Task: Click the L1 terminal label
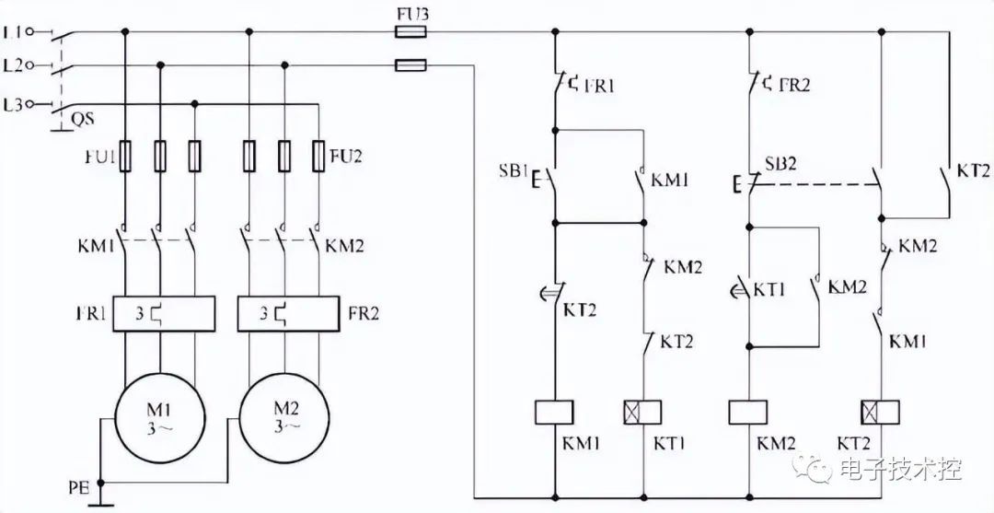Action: [x=14, y=30]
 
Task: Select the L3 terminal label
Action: [x=14, y=105]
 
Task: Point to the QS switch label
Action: [x=79, y=119]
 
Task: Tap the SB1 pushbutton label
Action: [x=511, y=172]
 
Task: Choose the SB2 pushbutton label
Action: [x=780, y=164]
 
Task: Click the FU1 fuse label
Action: [x=99, y=157]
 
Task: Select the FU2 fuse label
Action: [x=346, y=156]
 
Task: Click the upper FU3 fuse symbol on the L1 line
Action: [x=410, y=31]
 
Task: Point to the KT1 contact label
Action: [x=769, y=290]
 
